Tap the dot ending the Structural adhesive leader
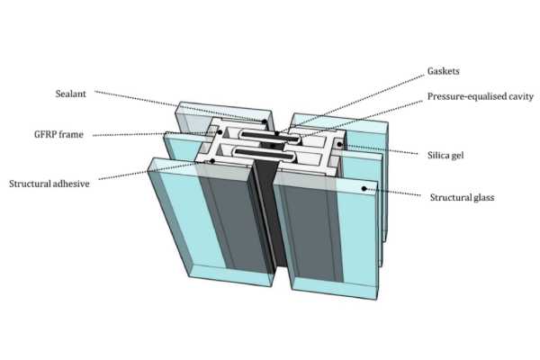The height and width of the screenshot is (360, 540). pos(211,162)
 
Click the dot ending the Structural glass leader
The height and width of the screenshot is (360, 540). pos(364,188)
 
